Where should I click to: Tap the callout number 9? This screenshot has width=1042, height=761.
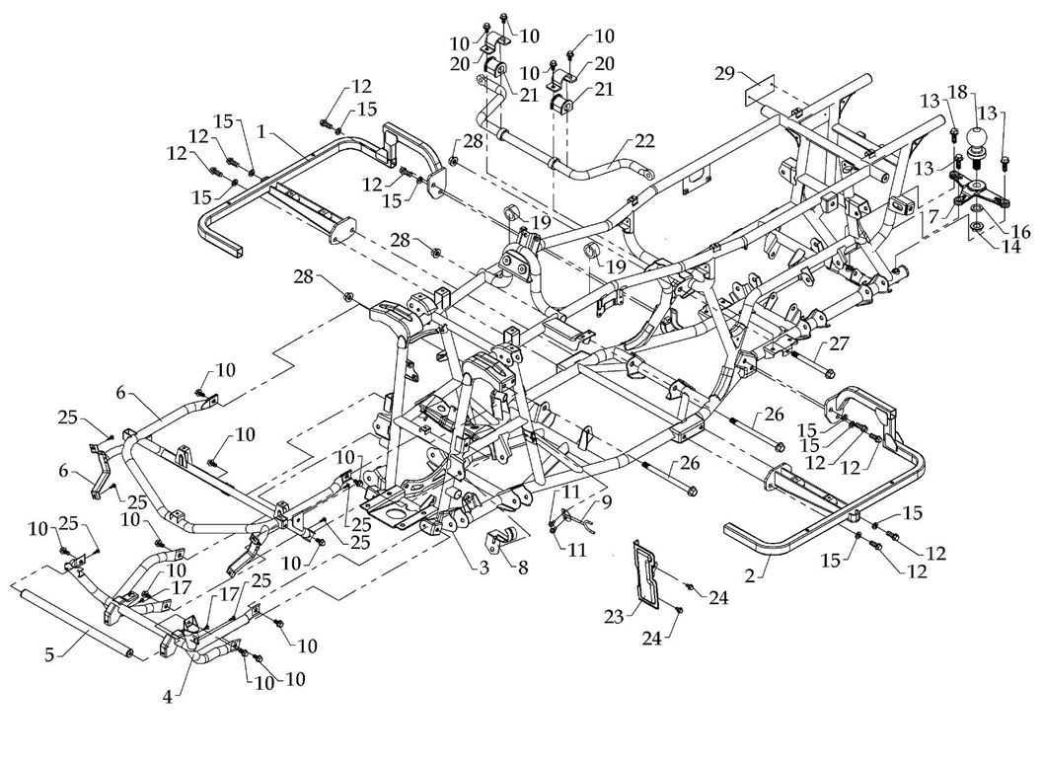(x=605, y=500)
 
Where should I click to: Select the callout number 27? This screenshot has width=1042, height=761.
(x=839, y=342)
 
